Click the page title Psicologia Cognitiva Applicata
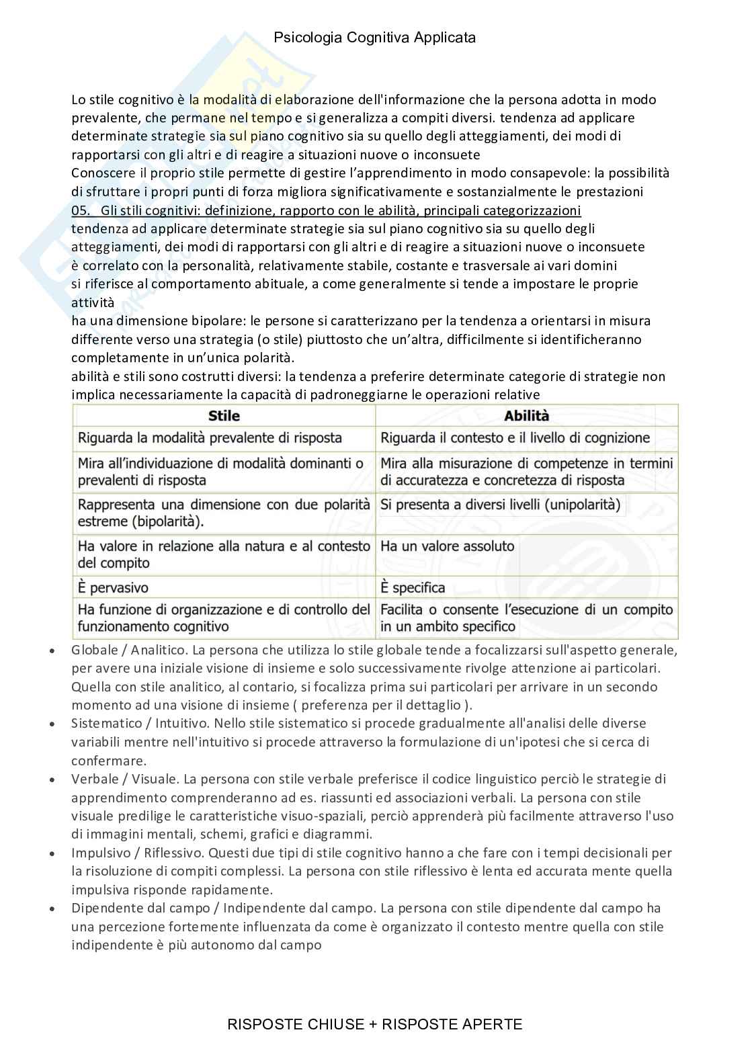point(374,38)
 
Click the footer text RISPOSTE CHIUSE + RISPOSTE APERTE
point(374,1024)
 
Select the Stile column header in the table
point(224,416)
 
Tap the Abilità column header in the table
point(526,416)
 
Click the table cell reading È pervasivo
point(113,587)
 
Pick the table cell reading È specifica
point(413,587)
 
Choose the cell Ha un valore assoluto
point(447,546)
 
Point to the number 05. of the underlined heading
point(81,210)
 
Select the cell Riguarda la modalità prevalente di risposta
point(210,438)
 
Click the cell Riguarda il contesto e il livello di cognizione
point(515,438)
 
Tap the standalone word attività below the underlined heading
point(93,302)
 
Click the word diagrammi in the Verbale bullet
point(341,835)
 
